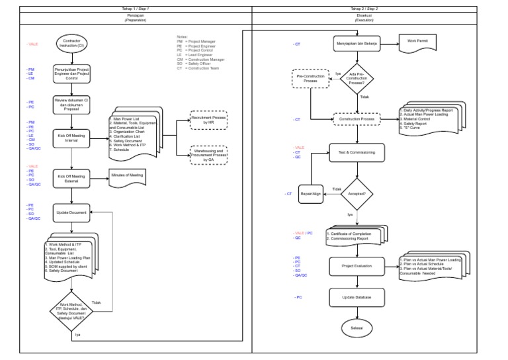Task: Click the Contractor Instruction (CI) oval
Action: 71,44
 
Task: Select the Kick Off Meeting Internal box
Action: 71,138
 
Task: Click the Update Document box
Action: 71,212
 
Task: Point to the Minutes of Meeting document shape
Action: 126,177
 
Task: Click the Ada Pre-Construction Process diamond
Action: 357,79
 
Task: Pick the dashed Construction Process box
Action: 357,119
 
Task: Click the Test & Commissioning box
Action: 357,152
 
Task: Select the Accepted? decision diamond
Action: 357,194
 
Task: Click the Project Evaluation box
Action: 357,266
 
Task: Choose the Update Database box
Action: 357,298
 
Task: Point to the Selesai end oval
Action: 357,328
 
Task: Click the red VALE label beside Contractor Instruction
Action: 32,44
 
